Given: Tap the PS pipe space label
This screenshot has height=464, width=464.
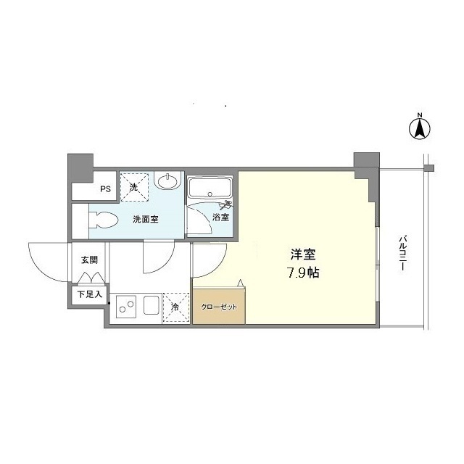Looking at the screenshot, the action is click(105, 188).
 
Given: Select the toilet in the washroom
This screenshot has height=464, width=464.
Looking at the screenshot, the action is click(103, 220).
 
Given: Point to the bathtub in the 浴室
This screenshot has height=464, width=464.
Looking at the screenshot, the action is click(210, 188).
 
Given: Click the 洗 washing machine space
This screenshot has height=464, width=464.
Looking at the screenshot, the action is click(134, 187).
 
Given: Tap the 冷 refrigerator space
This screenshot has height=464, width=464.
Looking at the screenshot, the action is click(175, 307).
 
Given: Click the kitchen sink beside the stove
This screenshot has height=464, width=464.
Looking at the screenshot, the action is click(152, 305).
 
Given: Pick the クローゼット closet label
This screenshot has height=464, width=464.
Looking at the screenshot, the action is click(219, 307).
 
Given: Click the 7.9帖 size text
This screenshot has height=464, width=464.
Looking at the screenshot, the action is click(303, 273).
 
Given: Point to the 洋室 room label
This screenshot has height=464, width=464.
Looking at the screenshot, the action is click(303, 254).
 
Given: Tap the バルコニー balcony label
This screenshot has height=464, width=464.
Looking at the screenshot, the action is click(402, 253).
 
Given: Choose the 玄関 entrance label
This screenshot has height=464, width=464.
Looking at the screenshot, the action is click(89, 260).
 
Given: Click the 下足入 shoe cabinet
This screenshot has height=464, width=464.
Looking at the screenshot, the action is click(90, 294).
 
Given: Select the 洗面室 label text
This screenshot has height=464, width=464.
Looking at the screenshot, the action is click(146, 219).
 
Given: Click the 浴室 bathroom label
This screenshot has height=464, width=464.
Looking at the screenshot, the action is click(220, 217).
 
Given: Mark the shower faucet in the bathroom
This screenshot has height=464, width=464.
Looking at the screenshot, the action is click(227, 204).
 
